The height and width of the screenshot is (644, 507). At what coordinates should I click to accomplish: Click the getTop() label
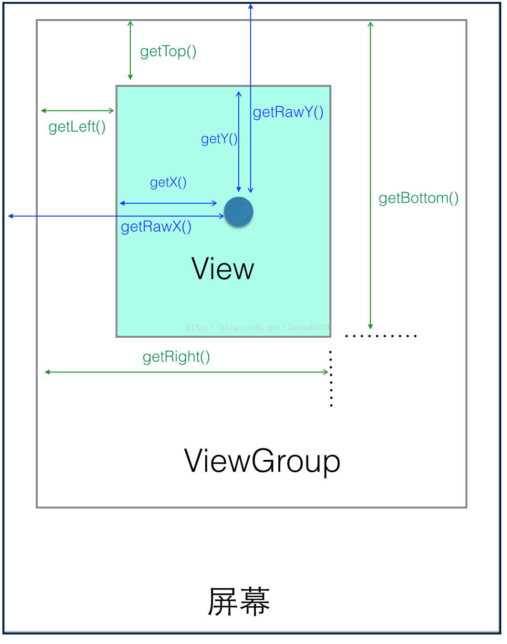click(168, 52)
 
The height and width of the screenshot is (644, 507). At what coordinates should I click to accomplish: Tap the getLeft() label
click(77, 127)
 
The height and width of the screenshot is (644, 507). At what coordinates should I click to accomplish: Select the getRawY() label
click(288, 112)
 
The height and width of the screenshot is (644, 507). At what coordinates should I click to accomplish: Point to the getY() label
click(219, 139)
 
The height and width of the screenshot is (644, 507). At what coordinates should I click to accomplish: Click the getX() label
click(168, 182)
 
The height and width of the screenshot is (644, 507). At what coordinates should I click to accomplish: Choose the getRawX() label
click(156, 227)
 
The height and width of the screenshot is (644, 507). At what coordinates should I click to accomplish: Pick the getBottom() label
click(418, 198)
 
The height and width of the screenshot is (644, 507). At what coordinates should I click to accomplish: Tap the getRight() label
click(176, 357)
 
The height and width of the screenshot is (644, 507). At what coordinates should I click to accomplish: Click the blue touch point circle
click(239, 211)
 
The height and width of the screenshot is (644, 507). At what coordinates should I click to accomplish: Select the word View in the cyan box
click(222, 269)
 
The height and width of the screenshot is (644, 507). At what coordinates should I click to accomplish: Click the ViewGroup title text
click(262, 461)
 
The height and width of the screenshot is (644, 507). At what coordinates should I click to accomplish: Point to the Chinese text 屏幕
click(239, 602)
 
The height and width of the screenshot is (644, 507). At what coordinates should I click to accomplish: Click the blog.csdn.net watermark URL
click(257, 327)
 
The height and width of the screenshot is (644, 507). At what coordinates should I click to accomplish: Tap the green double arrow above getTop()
click(130, 50)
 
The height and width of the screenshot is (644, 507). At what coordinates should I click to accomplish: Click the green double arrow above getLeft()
click(77, 111)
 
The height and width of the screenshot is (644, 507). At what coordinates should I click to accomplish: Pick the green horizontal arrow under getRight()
click(187, 372)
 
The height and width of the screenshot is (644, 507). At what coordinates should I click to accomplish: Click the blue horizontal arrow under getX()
click(169, 203)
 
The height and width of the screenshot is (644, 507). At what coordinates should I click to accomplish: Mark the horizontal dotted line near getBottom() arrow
click(381, 336)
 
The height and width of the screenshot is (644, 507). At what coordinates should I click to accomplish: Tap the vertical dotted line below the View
click(331, 379)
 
